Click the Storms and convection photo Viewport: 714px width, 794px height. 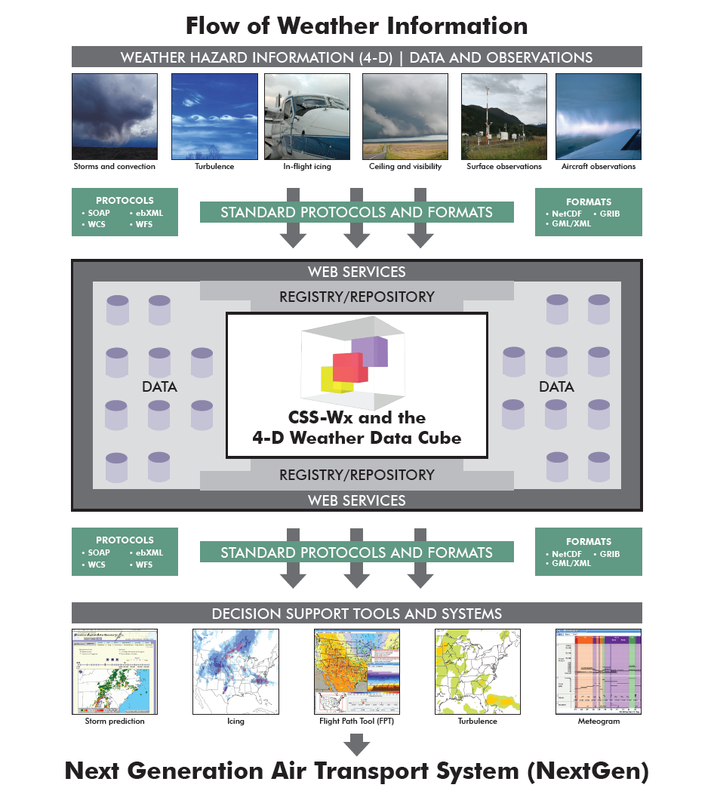coord(115,115)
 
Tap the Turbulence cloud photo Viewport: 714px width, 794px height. coord(214,115)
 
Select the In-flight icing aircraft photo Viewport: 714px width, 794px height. coord(306,115)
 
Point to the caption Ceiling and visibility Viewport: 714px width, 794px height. coord(405,167)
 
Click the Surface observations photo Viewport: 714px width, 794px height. coord(503,115)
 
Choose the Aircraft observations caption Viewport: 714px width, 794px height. coord(599,167)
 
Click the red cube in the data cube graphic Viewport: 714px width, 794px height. coord(350,368)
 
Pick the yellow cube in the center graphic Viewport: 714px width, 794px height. coord(331,380)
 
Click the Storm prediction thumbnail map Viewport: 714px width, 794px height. coord(115,672)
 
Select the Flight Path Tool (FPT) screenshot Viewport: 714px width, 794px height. coord(356,672)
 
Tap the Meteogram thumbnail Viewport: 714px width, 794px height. coord(599,672)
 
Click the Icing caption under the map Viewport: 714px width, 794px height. coord(235,722)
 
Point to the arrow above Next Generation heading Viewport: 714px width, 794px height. coord(356,745)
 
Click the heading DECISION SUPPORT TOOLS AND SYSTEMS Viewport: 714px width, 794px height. coord(356,613)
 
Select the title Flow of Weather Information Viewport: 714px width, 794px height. coord(356,26)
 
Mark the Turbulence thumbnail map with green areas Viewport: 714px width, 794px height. coord(477,672)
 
